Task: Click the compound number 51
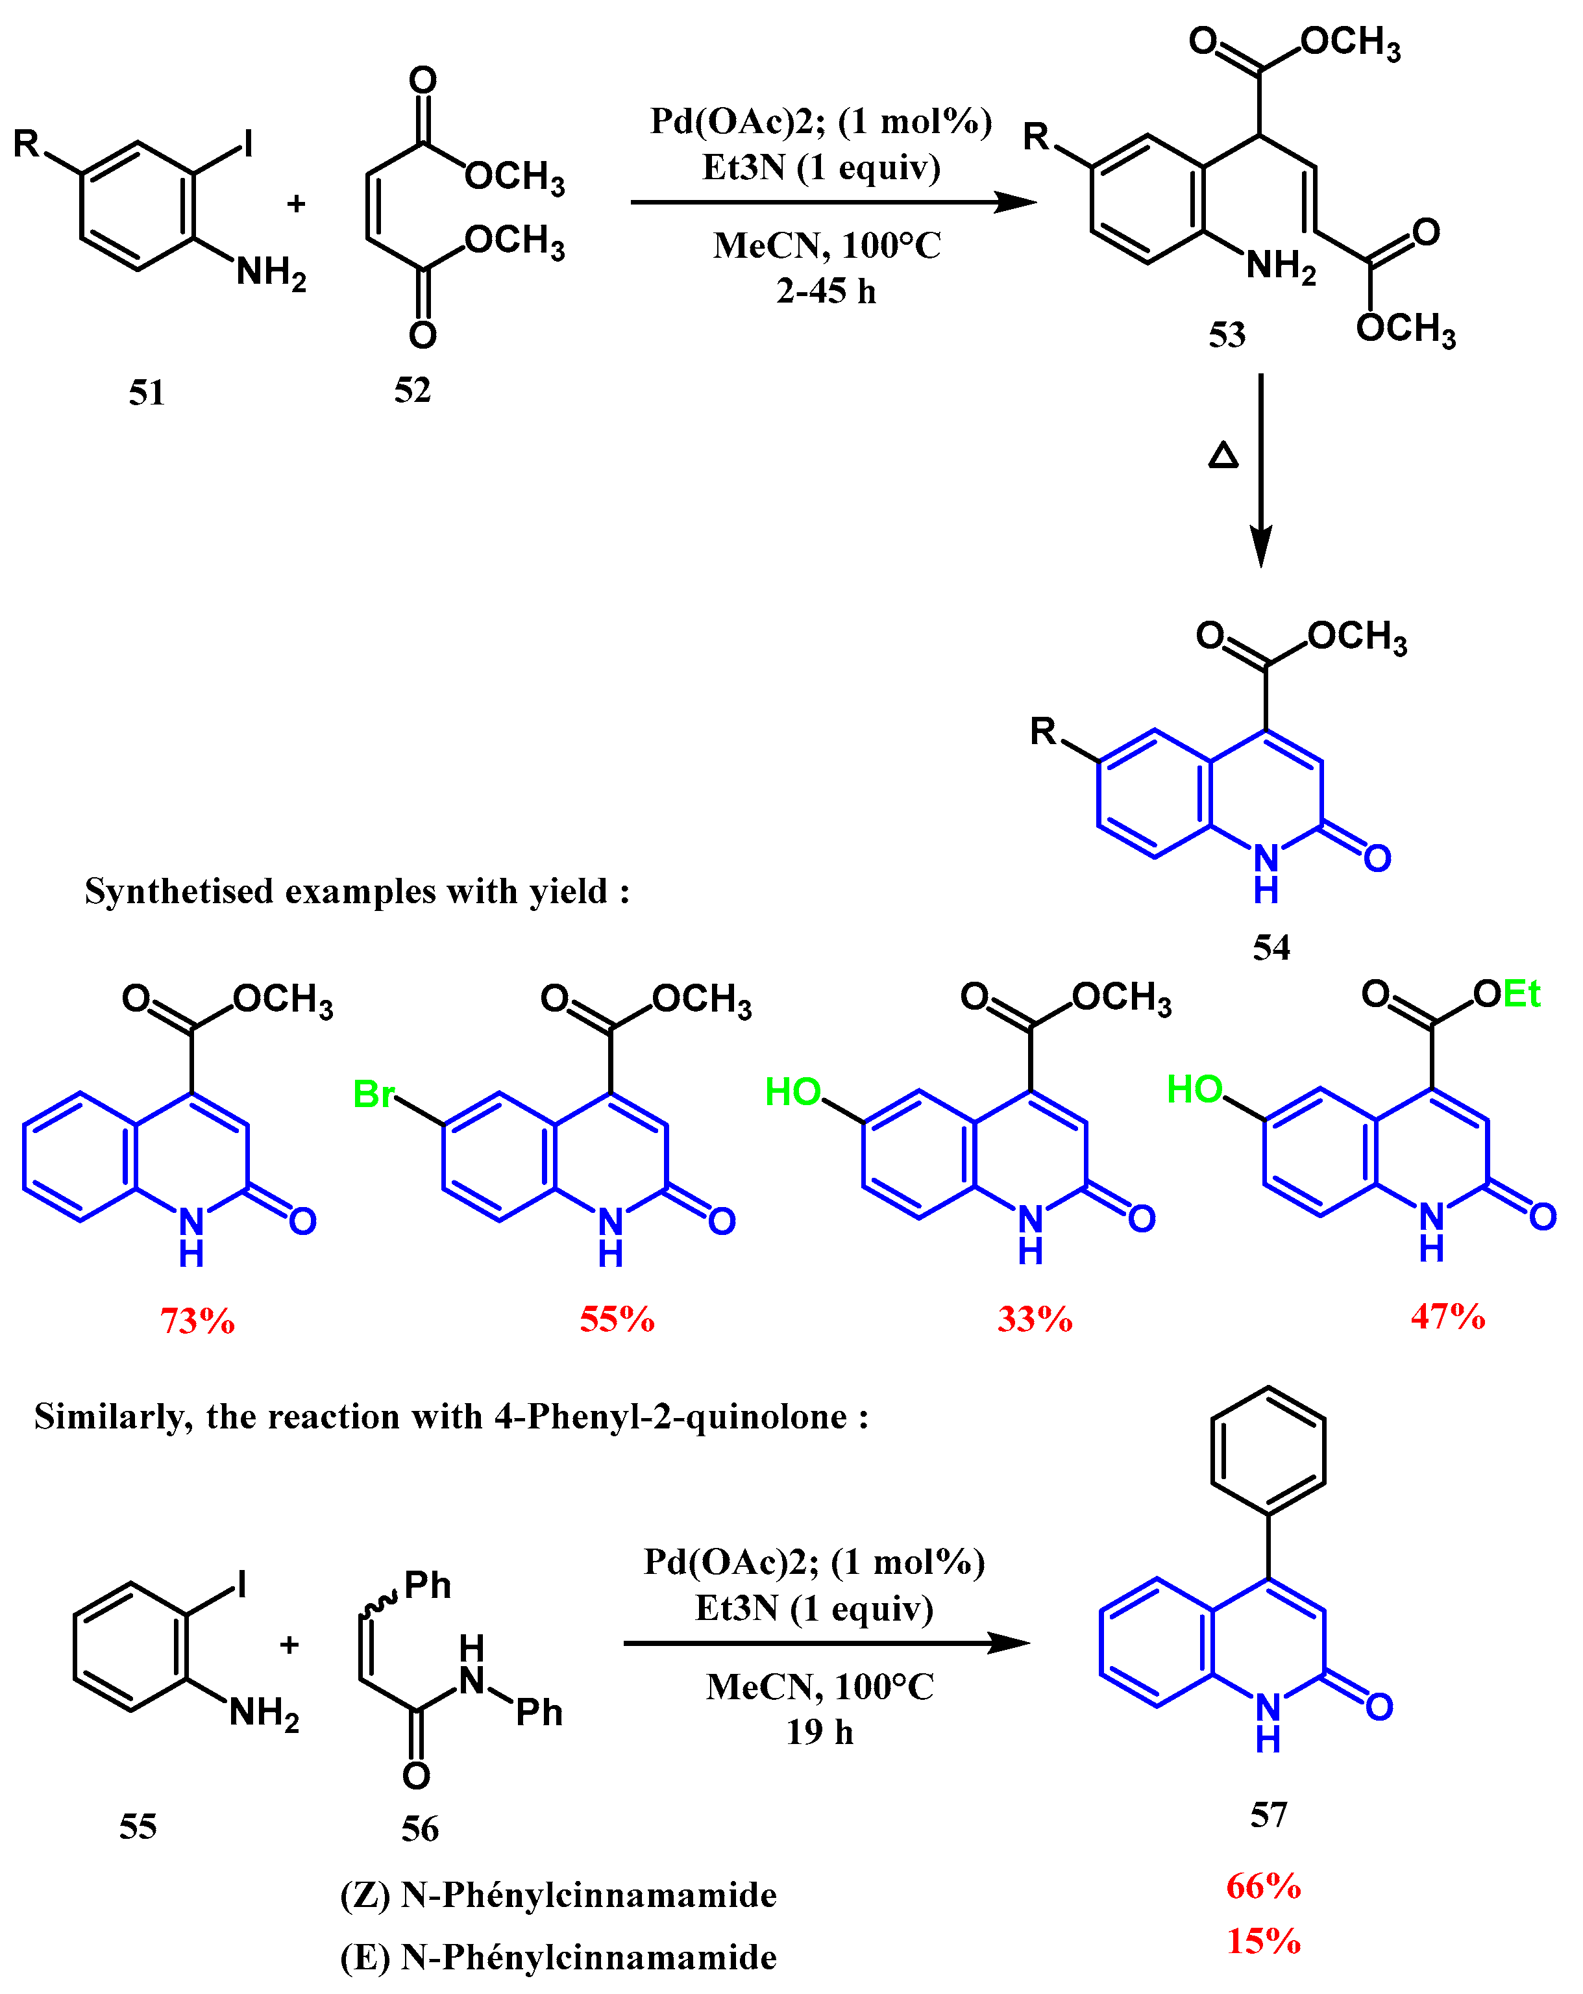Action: [146, 393]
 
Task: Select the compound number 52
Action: [412, 390]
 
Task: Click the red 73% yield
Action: [197, 1321]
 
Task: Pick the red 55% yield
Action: [617, 1319]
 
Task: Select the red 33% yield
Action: [1035, 1319]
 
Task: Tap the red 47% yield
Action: [1447, 1316]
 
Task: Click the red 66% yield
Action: [1263, 1887]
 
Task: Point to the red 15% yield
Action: [1263, 1941]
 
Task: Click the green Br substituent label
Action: [374, 1095]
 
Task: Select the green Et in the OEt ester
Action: [1521, 994]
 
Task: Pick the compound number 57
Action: [1269, 1815]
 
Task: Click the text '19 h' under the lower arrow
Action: [819, 1732]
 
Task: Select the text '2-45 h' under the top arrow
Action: [826, 292]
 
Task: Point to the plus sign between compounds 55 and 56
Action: [289, 1645]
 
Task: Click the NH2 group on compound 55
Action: [264, 1714]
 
